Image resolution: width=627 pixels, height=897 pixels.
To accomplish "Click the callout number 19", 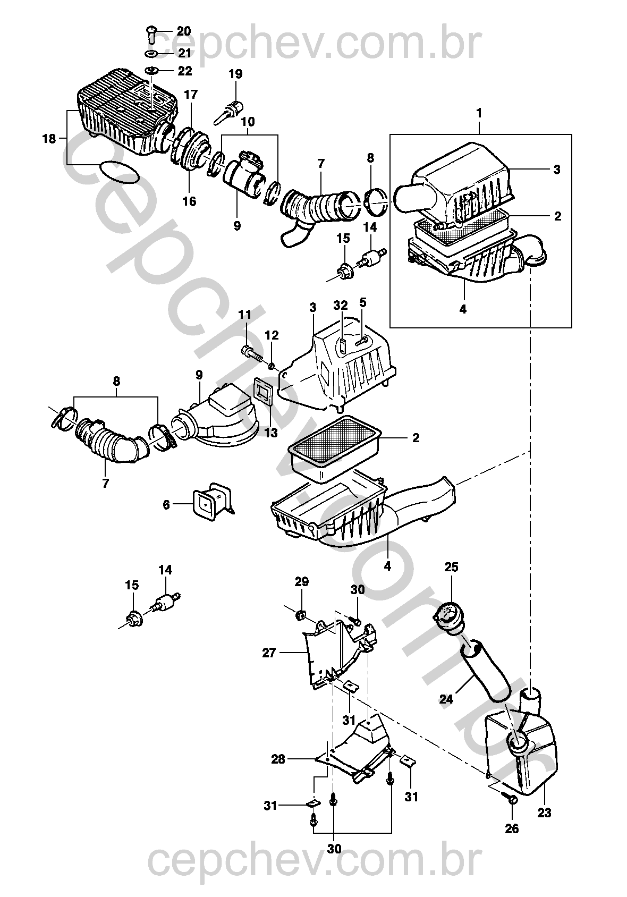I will [x=235, y=74].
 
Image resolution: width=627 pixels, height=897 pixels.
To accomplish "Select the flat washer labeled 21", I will [x=150, y=54].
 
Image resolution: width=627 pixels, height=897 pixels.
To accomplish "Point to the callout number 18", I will [x=49, y=139].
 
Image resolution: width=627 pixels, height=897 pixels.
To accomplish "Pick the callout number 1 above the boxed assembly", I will [x=479, y=113].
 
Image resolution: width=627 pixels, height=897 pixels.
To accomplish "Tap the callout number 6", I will [x=166, y=504].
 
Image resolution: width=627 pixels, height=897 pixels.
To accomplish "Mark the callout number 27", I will [x=269, y=652].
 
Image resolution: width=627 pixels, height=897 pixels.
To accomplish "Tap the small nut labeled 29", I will [x=301, y=615].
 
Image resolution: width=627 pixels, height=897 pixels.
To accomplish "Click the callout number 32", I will [x=341, y=305].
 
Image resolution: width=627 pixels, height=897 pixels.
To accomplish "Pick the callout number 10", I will [x=248, y=122].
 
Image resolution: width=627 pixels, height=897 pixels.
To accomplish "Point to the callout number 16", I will [x=189, y=201].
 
